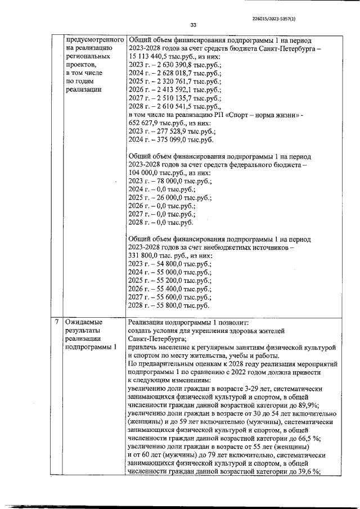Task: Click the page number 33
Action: click(193, 25)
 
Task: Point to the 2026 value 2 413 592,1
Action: click(170, 89)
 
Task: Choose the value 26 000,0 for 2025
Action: click(166, 197)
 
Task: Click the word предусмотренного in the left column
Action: click(94, 40)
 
